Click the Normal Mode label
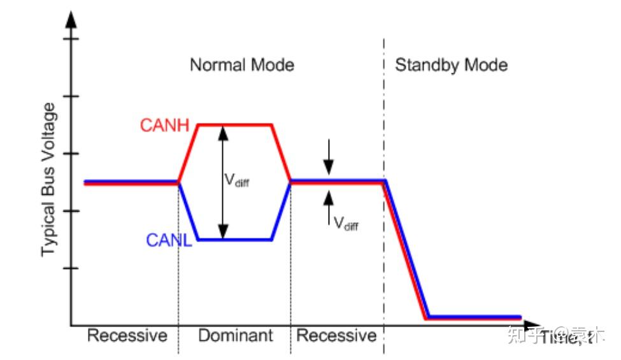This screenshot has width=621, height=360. point(242,65)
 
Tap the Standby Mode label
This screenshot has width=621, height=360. point(452,65)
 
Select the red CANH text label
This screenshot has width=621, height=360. point(164,125)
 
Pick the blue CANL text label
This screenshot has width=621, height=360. point(169,240)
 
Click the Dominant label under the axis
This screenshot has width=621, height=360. point(235,336)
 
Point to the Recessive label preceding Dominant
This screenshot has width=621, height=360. point(127,336)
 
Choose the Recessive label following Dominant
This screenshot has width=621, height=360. point(336,336)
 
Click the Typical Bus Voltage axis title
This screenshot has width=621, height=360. point(49,185)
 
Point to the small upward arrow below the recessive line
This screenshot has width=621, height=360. point(328,204)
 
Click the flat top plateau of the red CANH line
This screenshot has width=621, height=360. point(236,125)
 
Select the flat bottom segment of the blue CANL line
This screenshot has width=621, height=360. point(236,240)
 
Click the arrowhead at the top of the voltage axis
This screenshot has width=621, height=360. point(71,19)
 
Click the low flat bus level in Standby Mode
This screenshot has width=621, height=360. point(475,317)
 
